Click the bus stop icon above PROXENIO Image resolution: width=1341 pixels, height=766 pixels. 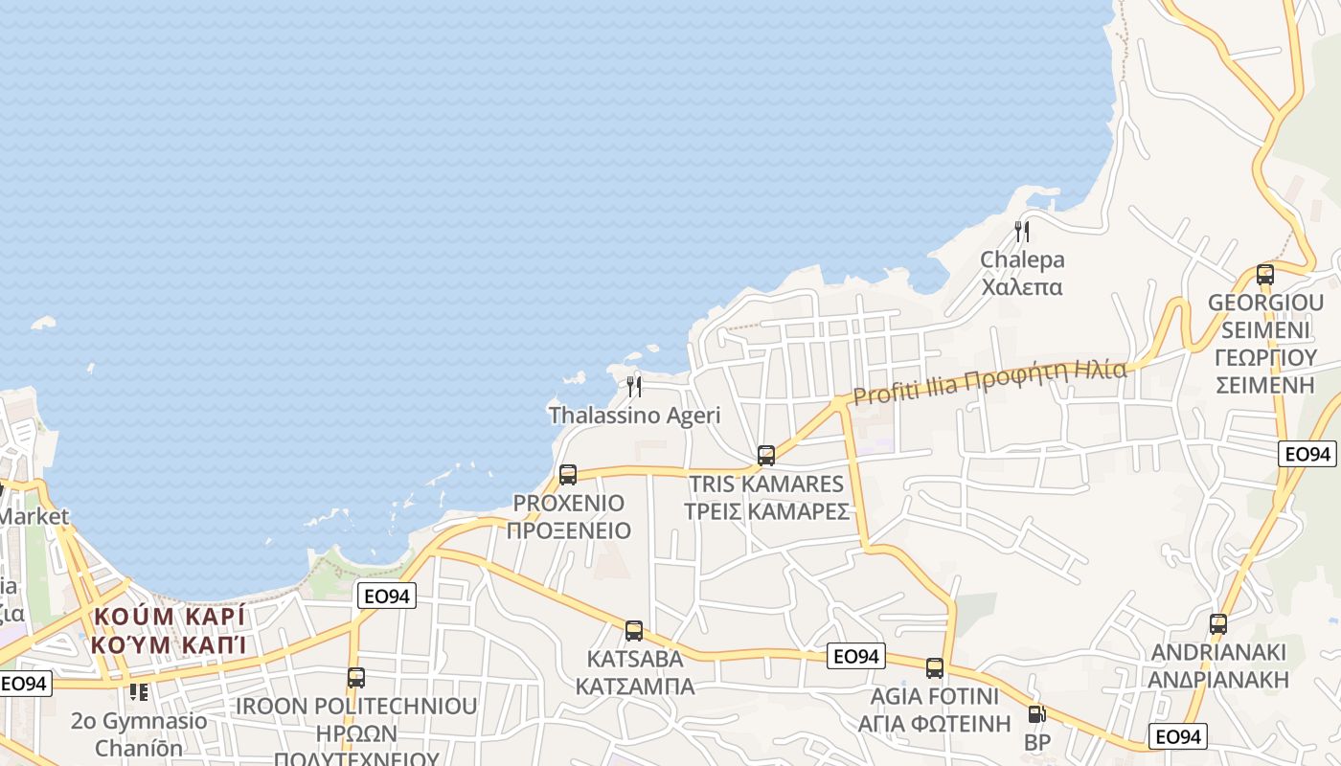point(568,474)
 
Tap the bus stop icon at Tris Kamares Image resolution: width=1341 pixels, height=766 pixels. point(766,455)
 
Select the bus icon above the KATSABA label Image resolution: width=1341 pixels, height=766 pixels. point(634,630)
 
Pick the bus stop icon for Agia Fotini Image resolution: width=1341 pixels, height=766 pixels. point(935,667)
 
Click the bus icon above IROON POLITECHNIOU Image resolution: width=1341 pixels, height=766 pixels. point(356,677)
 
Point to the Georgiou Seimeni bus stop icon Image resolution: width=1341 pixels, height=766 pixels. point(1265,274)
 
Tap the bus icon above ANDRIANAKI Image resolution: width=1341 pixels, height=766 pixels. point(1218,624)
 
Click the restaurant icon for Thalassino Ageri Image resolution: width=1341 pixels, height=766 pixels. point(634,387)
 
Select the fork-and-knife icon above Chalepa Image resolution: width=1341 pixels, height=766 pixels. point(1022,231)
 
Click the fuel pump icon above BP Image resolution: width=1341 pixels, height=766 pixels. point(1036,714)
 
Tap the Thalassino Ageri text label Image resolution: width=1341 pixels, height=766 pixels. point(634,416)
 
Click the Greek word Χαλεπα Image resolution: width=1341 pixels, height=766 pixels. point(1022,286)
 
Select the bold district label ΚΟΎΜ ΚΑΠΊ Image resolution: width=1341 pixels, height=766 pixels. point(170,643)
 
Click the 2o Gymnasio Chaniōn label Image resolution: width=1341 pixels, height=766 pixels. point(139,732)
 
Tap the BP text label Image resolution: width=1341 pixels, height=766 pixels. point(1037,743)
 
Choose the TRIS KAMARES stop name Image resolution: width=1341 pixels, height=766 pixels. point(766,484)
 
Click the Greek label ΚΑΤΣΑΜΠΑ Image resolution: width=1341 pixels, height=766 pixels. point(634,687)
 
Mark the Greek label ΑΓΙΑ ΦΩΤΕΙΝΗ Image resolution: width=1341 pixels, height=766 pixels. point(935,723)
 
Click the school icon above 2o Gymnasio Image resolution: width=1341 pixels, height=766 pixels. point(139,691)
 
